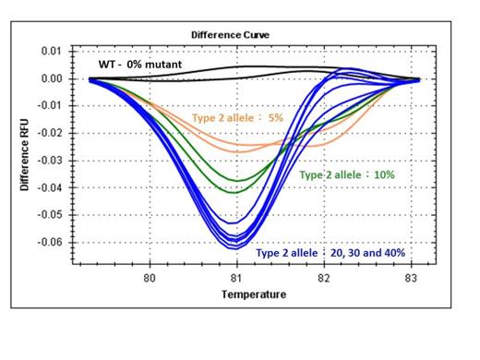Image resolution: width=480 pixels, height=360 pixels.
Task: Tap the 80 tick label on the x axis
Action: pos(150,276)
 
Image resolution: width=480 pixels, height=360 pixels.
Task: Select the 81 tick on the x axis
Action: pos(237,276)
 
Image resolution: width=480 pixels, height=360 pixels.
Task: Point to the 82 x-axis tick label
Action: pos(324,276)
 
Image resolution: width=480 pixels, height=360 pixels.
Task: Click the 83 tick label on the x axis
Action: pos(411,276)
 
